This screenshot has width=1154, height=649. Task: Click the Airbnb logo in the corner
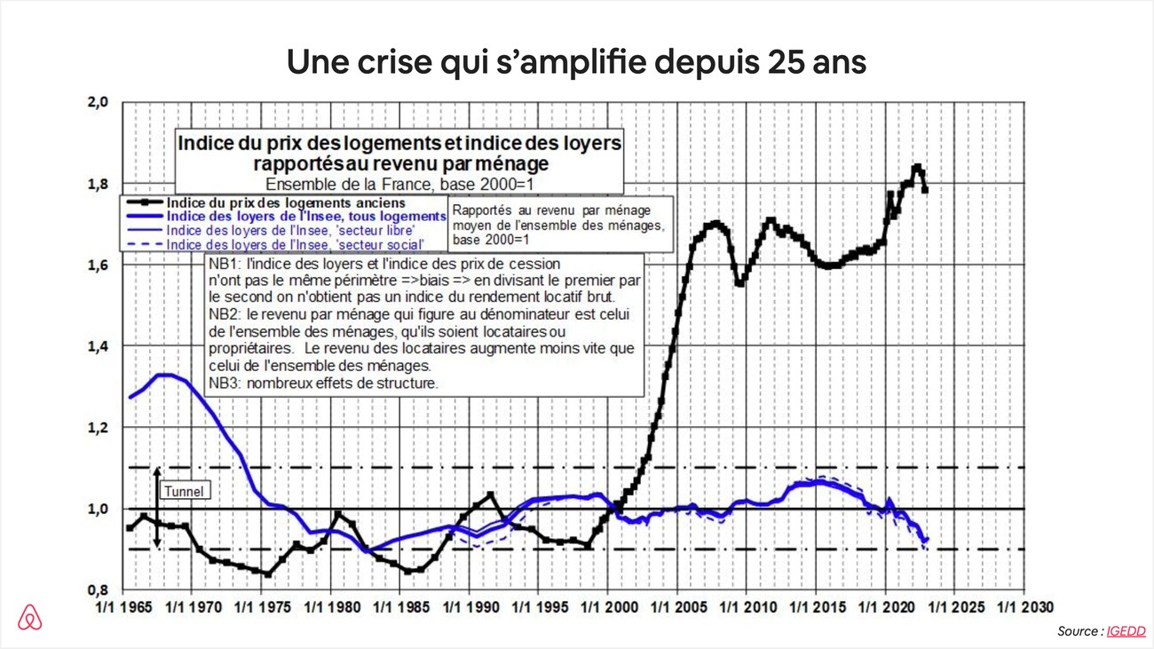pyautogui.click(x=29, y=616)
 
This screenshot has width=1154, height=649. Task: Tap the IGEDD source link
pyautogui.click(x=1126, y=631)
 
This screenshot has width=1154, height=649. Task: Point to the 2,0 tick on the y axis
pyautogui.click(x=97, y=102)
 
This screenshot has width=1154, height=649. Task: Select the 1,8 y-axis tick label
pyautogui.click(x=97, y=184)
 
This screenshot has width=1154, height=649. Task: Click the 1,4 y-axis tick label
pyautogui.click(x=97, y=346)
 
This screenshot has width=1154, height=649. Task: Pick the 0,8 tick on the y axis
pyautogui.click(x=97, y=590)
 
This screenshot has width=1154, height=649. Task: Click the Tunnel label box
pyautogui.click(x=184, y=491)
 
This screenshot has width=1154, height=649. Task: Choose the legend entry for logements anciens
pyautogui.click(x=286, y=203)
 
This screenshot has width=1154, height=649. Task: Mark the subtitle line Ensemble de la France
pyautogui.click(x=399, y=185)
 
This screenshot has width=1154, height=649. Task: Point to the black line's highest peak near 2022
pyautogui.click(x=916, y=166)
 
